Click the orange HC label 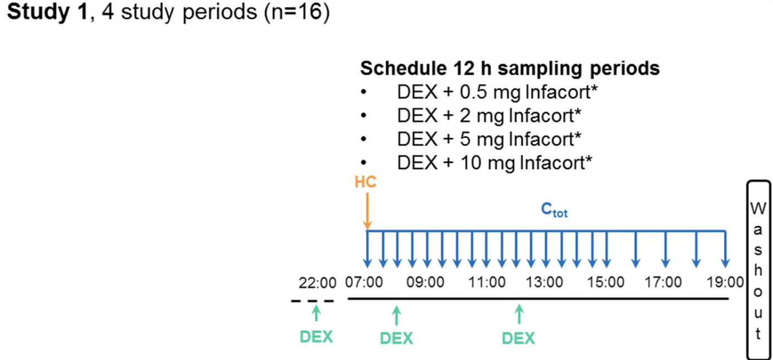(x=366, y=183)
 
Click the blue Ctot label (x=554, y=211)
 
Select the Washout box (x=758, y=270)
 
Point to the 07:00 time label (x=364, y=283)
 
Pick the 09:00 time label (x=425, y=283)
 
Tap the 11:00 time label (x=487, y=283)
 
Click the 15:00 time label (x=605, y=283)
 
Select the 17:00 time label (x=663, y=283)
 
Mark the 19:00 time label (x=725, y=283)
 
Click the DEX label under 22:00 (x=316, y=337)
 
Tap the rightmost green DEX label (x=518, y=338)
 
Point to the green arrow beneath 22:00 (x=316, y=313)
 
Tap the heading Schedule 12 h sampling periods (x=510, y=69)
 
